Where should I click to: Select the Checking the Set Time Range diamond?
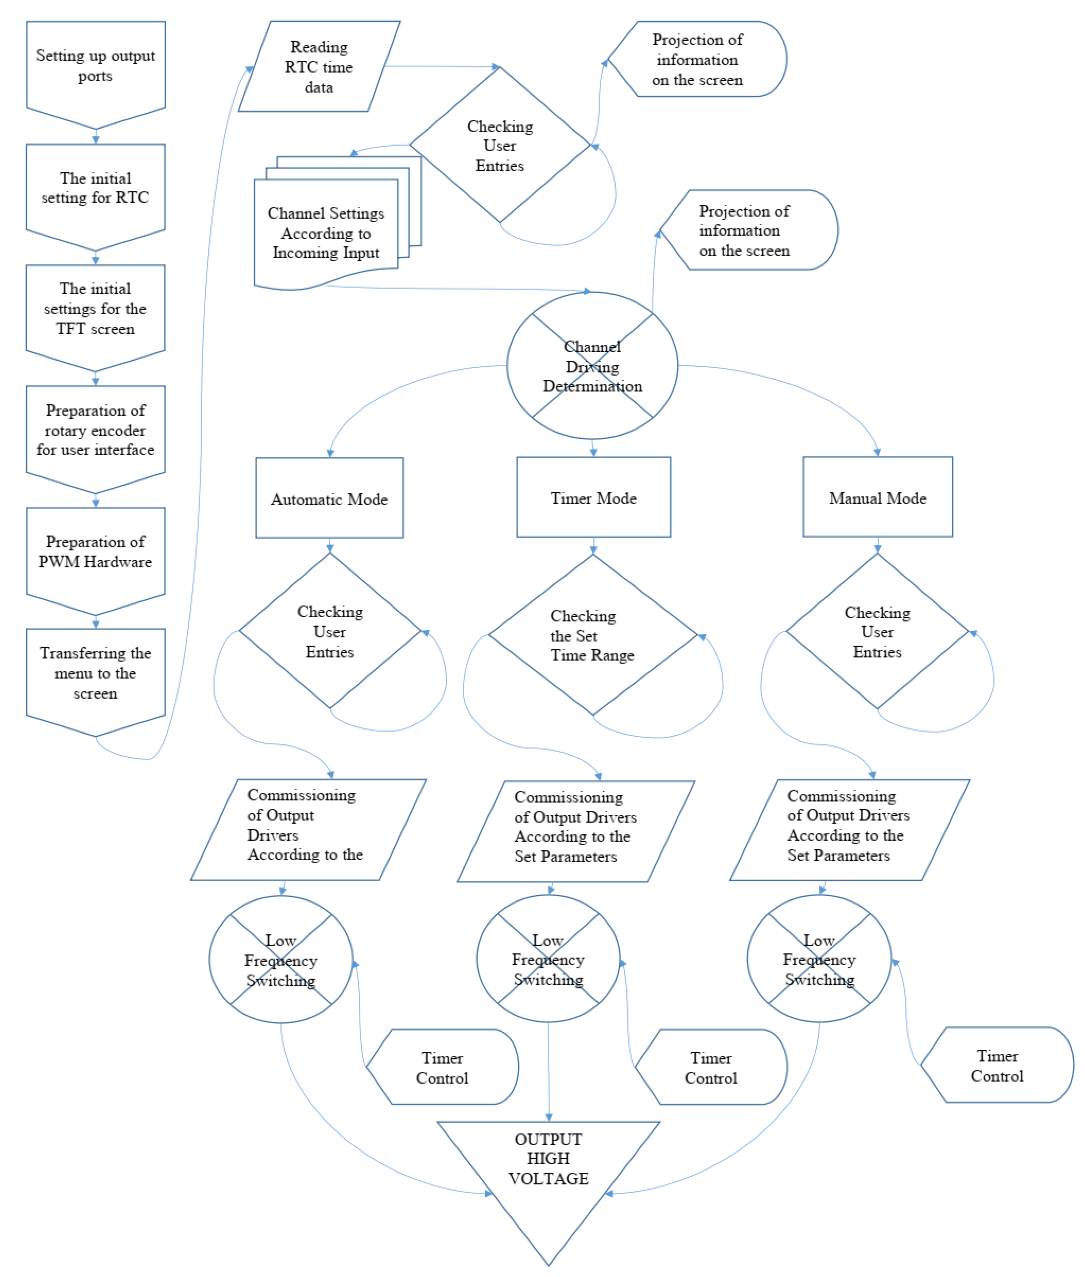[592, 635]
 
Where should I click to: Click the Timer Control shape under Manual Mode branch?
[997, 1066]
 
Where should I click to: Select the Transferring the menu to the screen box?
[95, 674]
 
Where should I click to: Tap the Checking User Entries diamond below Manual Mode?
[877, 631]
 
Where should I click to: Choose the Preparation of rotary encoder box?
[95, 431]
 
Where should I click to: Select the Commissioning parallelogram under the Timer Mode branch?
[575, 827]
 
